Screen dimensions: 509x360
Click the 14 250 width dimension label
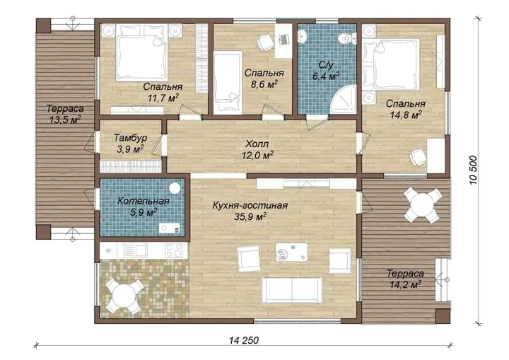coord(244,340)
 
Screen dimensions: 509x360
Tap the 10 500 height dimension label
coord(474,170)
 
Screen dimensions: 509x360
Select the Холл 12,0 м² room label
coord(257,149)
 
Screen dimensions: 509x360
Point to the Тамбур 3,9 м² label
coord(130,144)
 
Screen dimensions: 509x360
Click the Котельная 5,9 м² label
coord(144,207)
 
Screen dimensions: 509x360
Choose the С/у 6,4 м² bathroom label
coord(326,71)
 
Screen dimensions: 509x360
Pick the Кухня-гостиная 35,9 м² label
coord(250,211)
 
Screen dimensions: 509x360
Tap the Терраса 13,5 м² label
coord(65,114)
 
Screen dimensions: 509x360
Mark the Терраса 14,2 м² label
coord(406,279)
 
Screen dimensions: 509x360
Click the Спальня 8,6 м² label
coord(264,79)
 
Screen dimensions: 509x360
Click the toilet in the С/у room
coord(345,39)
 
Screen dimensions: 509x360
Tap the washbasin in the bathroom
coord(303,36)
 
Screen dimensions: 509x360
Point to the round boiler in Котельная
coord(175,189)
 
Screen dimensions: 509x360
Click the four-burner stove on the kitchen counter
coord(175,250)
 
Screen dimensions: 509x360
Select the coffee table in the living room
coord(291,252)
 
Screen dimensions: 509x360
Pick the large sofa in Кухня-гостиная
coord(292,290)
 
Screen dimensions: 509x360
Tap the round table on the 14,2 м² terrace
coord(422,204)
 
